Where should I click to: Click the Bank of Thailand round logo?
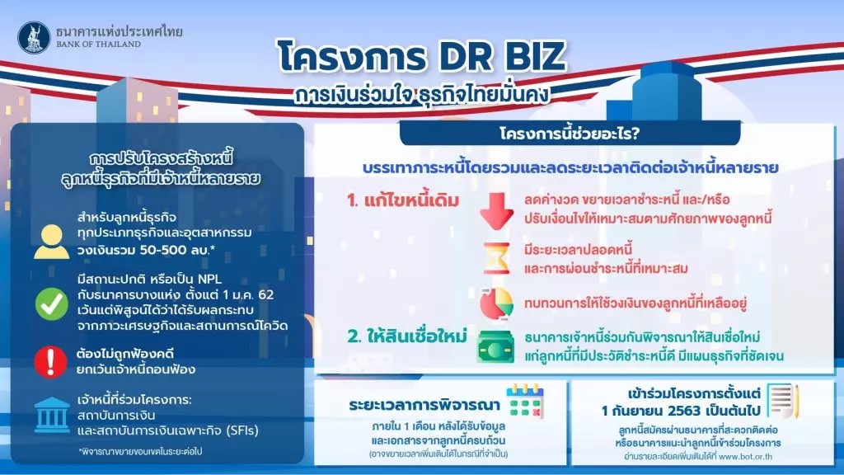coord(34,37)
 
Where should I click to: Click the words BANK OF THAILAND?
coord(99,45)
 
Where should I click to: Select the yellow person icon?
coord(52,242)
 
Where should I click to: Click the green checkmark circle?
coord(52,303)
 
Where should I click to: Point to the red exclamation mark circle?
coord(50,361)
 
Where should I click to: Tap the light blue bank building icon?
coord(52,416)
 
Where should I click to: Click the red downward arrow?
coord(496,211)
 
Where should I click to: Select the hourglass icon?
coord(496,258)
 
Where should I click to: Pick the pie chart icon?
coord(496,303)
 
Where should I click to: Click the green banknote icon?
coord(495,347)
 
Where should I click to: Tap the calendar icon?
coord(525,402)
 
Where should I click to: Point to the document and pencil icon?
coord(783,401)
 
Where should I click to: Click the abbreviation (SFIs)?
coord(241,430)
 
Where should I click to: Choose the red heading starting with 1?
coord(403,201)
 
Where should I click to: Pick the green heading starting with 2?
coord(407,336)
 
